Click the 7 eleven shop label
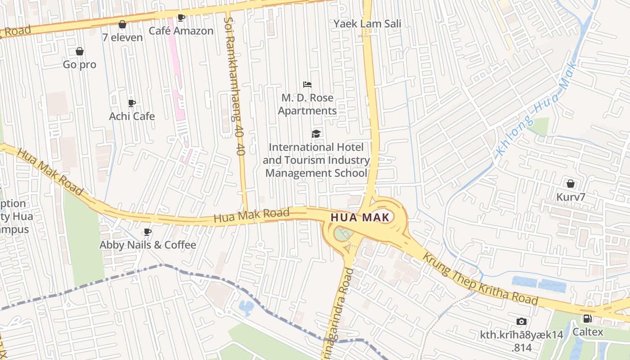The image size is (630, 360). (122, 37)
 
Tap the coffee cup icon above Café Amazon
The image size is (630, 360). (181, 18)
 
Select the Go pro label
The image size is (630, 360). (80, 64)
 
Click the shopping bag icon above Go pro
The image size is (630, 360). (80, 51)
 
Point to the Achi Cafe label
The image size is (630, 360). (132, 116)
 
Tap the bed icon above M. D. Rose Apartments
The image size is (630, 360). (307, 85)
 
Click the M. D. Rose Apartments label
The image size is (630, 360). (307, 104)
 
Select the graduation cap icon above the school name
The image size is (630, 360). (316, 134)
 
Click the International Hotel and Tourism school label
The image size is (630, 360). (316, 160)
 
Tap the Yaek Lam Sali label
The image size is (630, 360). (367, 23)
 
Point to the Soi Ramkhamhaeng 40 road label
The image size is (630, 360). (234, 85)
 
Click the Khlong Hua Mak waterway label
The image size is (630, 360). (535, 110)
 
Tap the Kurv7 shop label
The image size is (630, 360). (570, 197)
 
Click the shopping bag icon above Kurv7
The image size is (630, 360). (571, 184)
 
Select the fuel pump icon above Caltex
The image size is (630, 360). (587, 319)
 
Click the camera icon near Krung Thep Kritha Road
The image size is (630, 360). (522, 321)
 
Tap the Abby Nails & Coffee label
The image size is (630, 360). (148, 245)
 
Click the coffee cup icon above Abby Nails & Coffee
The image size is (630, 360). (147, 232)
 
